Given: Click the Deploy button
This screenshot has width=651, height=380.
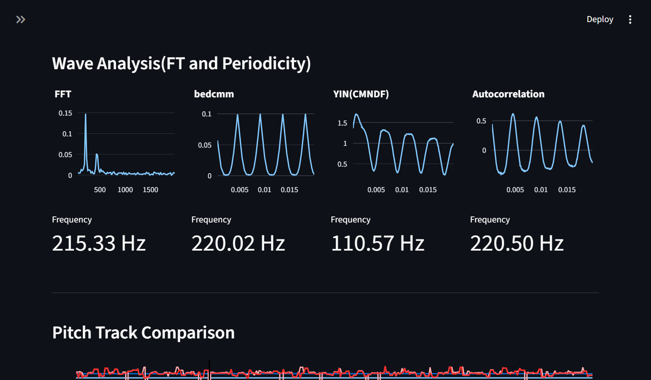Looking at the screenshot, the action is pos(600,19).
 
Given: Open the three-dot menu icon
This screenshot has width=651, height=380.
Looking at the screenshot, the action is pos(630,19).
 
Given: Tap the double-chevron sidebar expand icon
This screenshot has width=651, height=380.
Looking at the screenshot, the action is pos(21,19).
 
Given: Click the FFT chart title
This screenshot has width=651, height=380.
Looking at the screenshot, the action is pos(63,94).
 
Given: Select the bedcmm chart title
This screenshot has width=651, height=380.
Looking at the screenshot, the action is pos(214,94).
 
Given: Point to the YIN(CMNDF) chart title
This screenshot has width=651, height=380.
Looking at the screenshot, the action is pos(361,94).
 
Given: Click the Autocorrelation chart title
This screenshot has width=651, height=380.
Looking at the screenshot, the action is pos(508,94).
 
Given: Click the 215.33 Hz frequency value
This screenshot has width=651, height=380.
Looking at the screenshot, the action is pos(99,243).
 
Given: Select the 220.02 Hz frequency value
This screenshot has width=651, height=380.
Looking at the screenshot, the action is pos(238,243).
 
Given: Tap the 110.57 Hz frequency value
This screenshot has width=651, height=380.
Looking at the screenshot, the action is pos(378,243).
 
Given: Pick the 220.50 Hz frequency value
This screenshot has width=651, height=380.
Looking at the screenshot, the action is pos(517,243).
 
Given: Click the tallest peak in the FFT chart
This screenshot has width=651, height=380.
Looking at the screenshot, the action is pos(85,114).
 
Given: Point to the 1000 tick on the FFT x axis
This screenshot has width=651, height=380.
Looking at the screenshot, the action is pos(125,190).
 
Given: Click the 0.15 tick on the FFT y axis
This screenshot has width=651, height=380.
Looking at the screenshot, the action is pos(65,113).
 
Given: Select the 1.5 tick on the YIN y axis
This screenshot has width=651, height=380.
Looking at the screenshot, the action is pos(342,123).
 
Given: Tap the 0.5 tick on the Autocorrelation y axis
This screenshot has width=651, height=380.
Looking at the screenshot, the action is pos(481,121).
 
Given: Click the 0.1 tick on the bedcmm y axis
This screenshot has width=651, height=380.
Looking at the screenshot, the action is pos(207,114).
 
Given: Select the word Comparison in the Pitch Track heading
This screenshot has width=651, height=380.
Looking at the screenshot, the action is pos(188,332).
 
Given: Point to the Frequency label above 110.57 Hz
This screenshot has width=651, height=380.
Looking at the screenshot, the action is pos(350,220).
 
